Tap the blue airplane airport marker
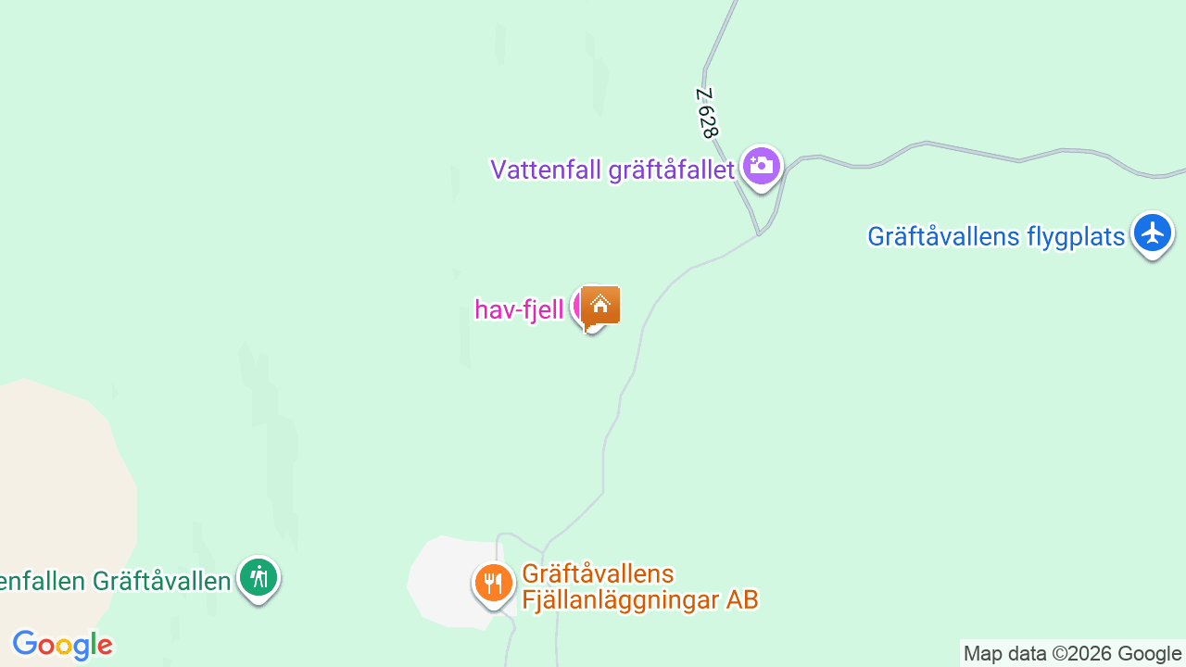tap(1152, 233)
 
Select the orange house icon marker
tap(600, 305)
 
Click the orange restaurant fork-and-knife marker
tap(494, 584)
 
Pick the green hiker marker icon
tap(259, 578)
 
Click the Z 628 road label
tap(708, 113)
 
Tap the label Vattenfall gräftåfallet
tap(612, 170)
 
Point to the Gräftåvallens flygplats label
tap(995, 236)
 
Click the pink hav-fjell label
tap(519, 309)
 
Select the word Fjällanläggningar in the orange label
tap(620, 599)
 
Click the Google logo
tap(62, 645)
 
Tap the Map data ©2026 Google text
tap(1072, 654)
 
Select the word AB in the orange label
tap(742, 599)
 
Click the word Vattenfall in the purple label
tap(546, 170)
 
